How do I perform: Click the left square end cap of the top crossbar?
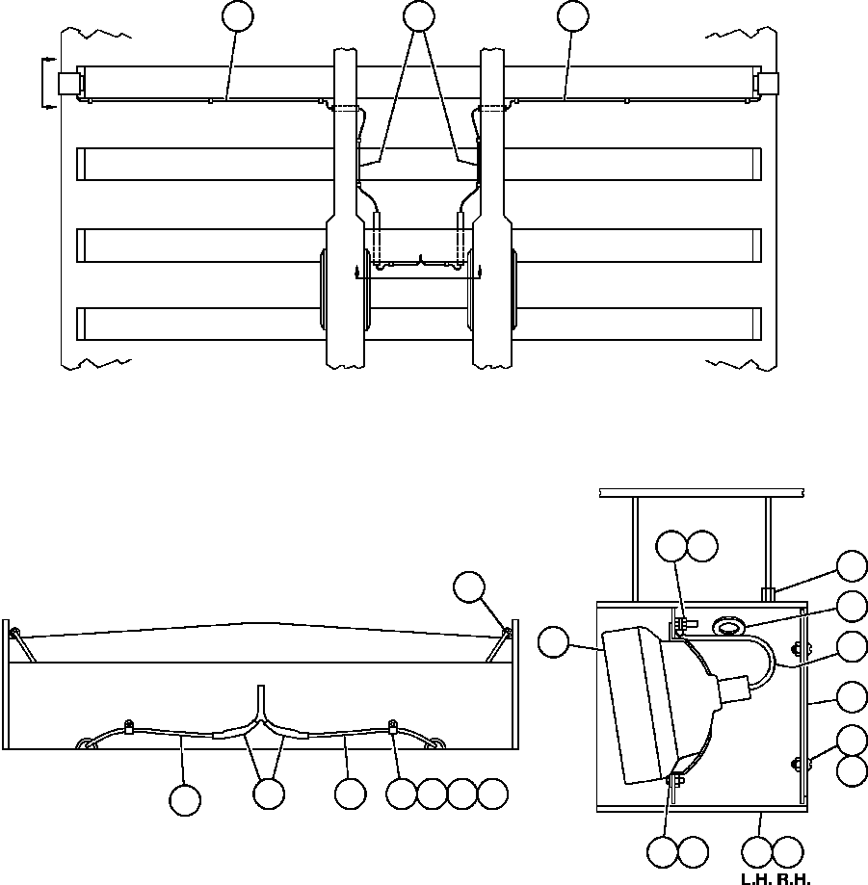(67, 84)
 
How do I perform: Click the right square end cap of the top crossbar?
(768, 84)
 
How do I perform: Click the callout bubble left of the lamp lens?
(554, 643)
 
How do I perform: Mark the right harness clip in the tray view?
(393, 725)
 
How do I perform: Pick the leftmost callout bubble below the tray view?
(185, 799)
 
